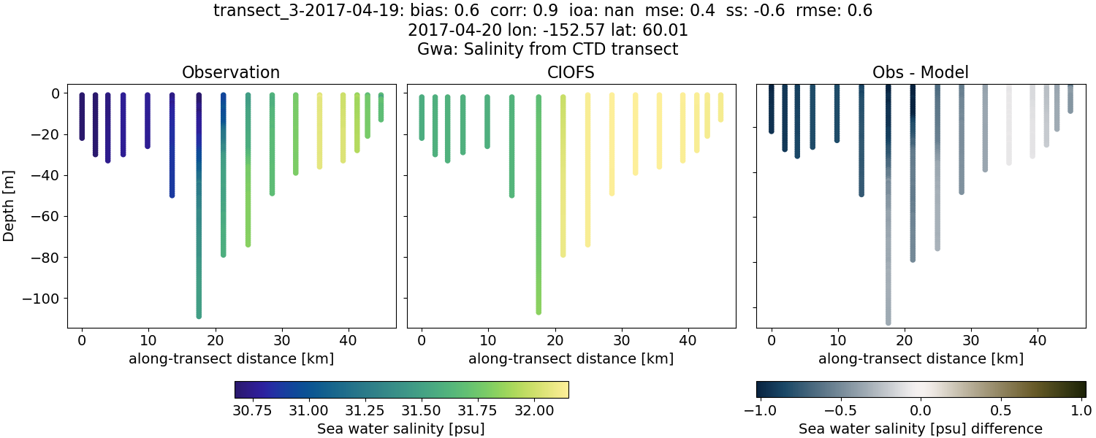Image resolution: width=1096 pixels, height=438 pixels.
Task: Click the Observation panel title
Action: pyautogui.click(x=231, y=72)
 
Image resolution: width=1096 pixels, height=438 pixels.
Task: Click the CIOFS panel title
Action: pyautogui.click(x=571, y=72)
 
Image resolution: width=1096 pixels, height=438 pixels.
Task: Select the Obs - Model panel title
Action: pyautogui.click(x=920, y=72)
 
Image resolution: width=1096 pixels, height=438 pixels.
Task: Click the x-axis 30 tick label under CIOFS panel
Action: pyautogui.click(x=622, y=339)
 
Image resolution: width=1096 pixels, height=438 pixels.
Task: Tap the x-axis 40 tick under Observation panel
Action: pyautogui.click(x=282, y=339)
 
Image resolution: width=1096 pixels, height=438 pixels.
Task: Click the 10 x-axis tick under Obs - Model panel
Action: pyautogui.click(x=838, y=339)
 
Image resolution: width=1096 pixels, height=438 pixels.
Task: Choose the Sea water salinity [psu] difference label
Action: pyautogui.click(x=920, y=429)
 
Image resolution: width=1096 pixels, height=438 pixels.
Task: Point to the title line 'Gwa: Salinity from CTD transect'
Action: pyautogui.click(x=547, y=50)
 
